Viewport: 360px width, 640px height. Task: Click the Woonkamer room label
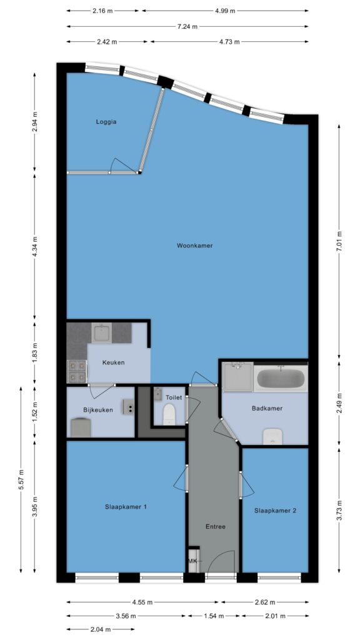(195, 246)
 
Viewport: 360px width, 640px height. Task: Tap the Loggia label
(106, 122)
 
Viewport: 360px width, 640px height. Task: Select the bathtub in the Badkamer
(281, 378)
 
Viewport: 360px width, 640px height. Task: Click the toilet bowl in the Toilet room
(168, 414)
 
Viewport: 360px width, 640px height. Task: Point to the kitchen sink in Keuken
(102, 332)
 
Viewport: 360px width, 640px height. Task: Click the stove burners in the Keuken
(77, 371)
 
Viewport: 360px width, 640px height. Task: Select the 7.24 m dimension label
(187, 26)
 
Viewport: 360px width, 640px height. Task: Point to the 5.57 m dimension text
(21, 480)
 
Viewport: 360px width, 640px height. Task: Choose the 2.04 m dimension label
(100, 629)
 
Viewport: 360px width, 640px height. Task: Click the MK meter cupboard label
(192, 561)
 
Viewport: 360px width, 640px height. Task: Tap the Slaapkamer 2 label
(275, 510)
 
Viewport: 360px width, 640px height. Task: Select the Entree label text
(215, 526)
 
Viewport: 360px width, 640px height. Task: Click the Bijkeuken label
(98, 410)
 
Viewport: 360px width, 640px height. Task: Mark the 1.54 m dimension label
(214, 616)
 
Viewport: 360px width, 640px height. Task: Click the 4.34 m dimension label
(35, 246)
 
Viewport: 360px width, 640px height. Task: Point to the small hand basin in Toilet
(158, 395)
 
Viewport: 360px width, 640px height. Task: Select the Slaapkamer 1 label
(126, 506)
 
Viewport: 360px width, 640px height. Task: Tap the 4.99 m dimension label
(225, 11)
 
